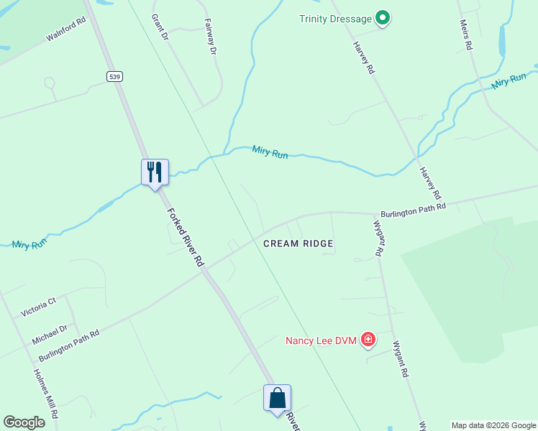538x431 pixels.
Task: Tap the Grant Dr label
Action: pos(159,26)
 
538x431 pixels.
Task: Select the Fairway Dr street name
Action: pos(211,37)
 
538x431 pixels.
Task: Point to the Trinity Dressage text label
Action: pos(336,19)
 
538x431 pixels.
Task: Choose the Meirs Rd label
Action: pos(465,34)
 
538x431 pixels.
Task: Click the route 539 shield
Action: pos(114,76)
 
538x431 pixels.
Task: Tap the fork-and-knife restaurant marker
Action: pos(155,172)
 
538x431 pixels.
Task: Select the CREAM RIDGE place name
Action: pos(298,244)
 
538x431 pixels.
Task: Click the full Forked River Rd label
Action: pos(186,238)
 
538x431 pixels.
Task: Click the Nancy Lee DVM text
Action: pos(321,340)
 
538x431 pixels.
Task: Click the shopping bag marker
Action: pos(277,398)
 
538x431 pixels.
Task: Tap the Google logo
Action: pos(24,422)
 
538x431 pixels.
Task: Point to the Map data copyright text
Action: pos(493,425)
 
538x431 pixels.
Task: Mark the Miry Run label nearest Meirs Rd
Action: pos(510,81)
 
